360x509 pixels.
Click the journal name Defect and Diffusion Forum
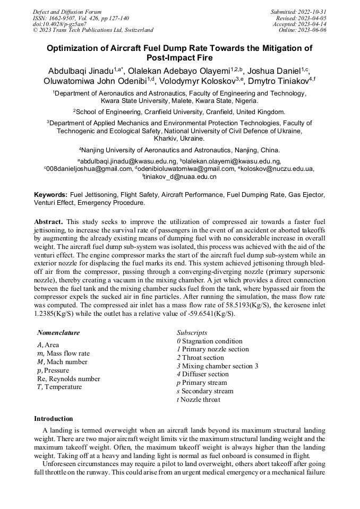[x=67, y=12]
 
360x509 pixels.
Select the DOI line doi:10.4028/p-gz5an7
[x=59, y=24]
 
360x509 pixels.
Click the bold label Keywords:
[x=50, y=195]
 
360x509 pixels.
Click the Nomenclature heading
[x=58, y=333]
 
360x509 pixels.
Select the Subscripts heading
[x=192, y=333]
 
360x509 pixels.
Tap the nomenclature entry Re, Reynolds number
[x=68, y=379]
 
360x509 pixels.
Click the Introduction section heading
[x=54, y=419]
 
